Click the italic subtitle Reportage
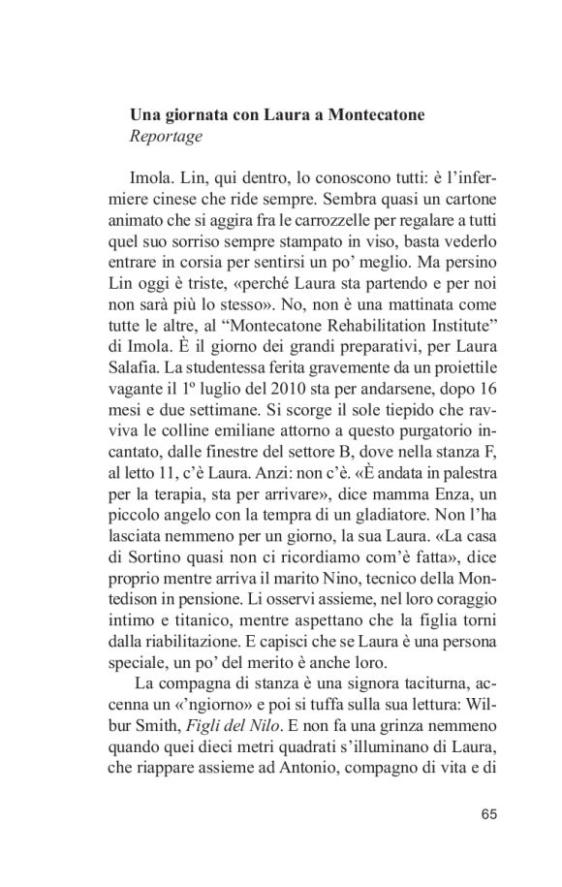click(166, 137)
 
